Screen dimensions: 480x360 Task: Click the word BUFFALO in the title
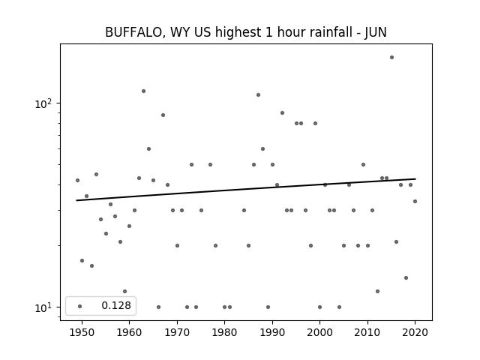click(x=133, y=32)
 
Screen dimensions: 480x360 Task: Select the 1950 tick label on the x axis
click(x=82, y=332)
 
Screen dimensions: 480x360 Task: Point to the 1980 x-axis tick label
click(x=224, y=332)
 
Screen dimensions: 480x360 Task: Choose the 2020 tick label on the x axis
click(x=415, y=332)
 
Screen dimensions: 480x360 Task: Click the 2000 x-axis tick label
click(x=319, y=332)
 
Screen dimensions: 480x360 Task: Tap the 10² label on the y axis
click(x=43, y=103)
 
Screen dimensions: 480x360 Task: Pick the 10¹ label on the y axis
click(x=43, y=307)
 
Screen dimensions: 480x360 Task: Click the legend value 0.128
click(x=116, y=305)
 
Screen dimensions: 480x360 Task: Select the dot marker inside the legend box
click(x=80, y=306)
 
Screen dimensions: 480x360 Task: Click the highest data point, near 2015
click(x=391, y=58)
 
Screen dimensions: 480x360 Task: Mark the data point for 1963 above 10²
click(x=143, y=91)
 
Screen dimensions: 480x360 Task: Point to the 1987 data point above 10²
click(x=258, y=95)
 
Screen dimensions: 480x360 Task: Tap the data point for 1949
click(x=77, y=180)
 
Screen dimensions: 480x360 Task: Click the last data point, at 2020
click(x=415, y=201)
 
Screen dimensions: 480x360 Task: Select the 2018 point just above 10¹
click(x=406, y=278)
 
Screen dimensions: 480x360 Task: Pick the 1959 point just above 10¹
click(x=124, y=292)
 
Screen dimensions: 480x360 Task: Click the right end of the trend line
click(x=415, y=178)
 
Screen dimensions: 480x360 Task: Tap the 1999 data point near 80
click(x=315, y=123)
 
